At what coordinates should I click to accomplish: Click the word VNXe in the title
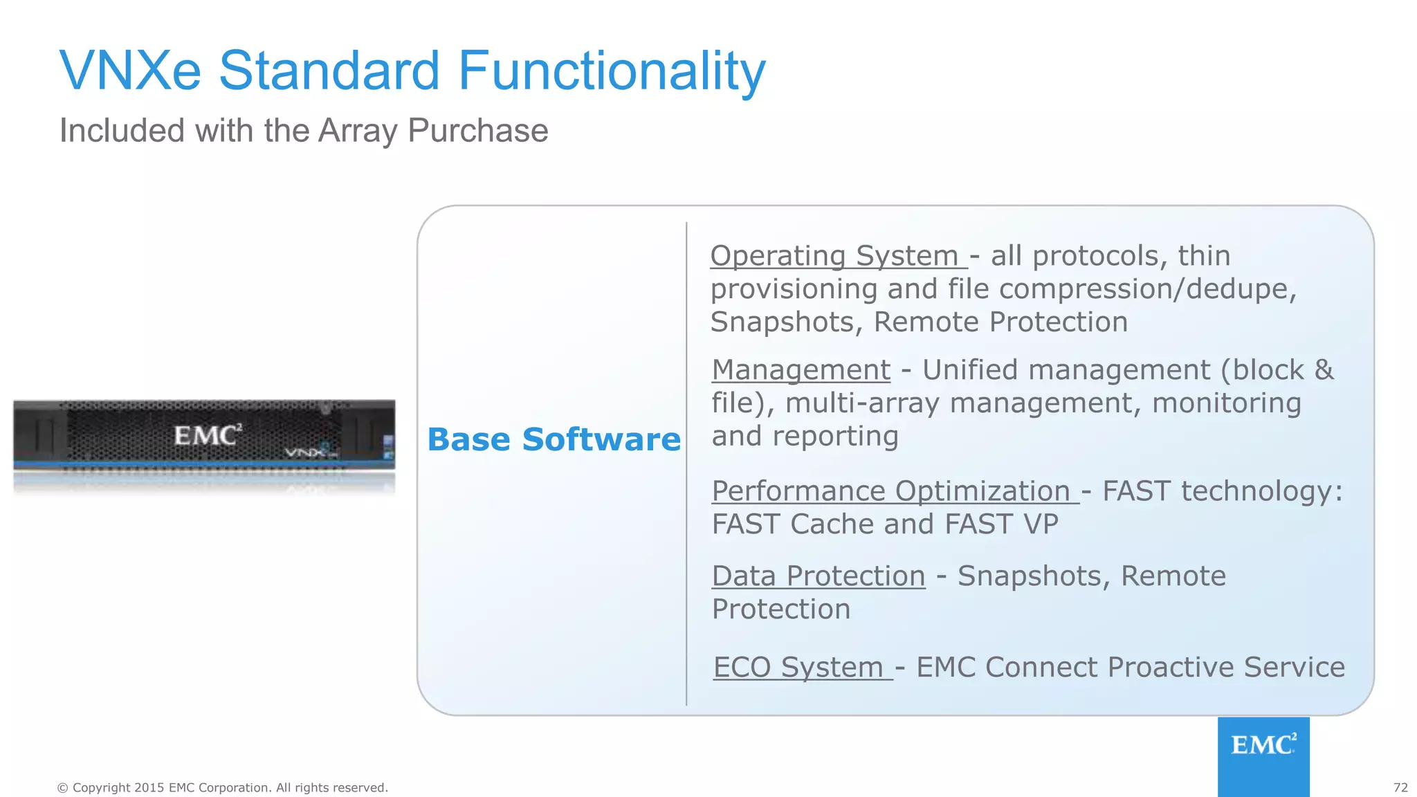tap(130, 71)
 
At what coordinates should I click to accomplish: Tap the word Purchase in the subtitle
tap(477, 131)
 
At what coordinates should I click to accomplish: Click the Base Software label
tap(554, 440)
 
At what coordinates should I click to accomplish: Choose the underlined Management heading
tap(801, 370)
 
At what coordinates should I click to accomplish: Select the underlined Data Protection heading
tap(819, 576)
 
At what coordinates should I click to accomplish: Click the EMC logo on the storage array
tap(207, 435)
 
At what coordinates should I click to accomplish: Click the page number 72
tap(1400, 787)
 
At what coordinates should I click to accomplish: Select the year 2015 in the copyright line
tap(149, 787)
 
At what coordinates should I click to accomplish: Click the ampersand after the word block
tap(1324, 370)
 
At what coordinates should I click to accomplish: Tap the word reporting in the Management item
tap(835, 437)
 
